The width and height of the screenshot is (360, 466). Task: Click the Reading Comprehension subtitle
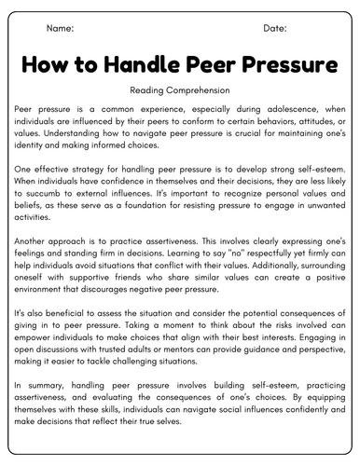[x=180, y=91]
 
